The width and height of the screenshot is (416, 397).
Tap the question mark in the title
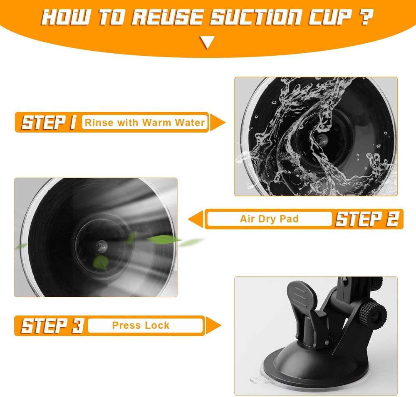click(366, 17)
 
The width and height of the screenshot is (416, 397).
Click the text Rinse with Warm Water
click(145, 123)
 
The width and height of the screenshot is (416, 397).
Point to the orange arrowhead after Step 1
click(218, 122)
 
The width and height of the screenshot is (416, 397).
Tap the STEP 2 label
click(367, 219)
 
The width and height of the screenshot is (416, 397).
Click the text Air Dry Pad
click(269, 219)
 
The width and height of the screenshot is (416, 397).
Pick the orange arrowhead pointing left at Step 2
click(196, 219)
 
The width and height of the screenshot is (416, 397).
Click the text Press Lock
click(141, 325)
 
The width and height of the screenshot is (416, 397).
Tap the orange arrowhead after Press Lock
click(213, 325)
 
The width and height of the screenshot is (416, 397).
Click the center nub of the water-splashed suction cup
click(323, 140)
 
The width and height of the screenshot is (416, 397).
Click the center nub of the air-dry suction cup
click(102, 247)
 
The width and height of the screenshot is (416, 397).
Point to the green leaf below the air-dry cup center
click(101, 263)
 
